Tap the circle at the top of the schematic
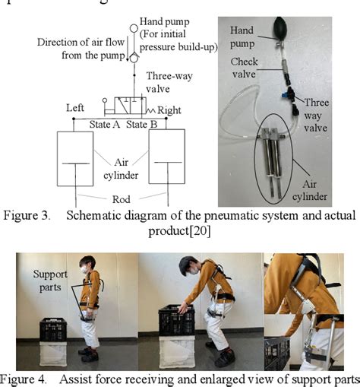133,28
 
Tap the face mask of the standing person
85,270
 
